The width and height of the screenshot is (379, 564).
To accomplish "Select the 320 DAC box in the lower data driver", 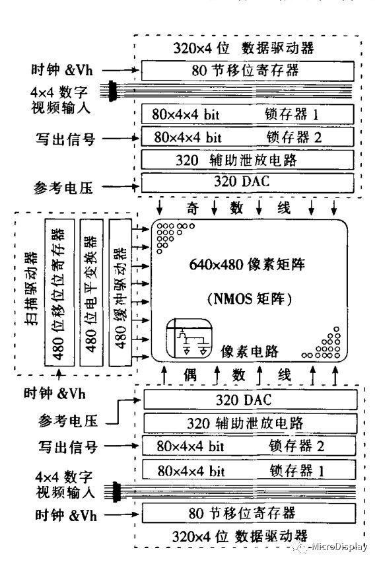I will coord(250,400).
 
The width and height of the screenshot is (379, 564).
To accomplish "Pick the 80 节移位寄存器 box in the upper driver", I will coord(250,69).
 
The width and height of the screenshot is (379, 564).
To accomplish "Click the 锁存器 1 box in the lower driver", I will coord(250,470).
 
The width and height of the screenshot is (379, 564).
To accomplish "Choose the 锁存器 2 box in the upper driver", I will coord(250,137).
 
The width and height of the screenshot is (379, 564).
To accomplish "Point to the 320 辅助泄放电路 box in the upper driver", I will coord(250,160).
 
